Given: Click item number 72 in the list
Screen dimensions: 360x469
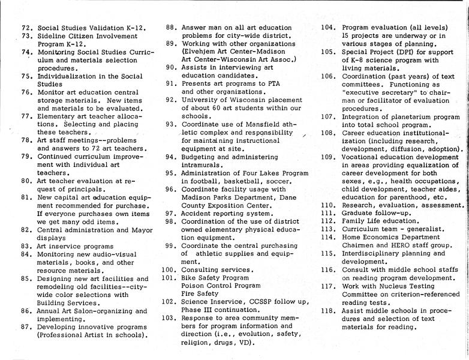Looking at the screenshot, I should (x=26, y=28).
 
